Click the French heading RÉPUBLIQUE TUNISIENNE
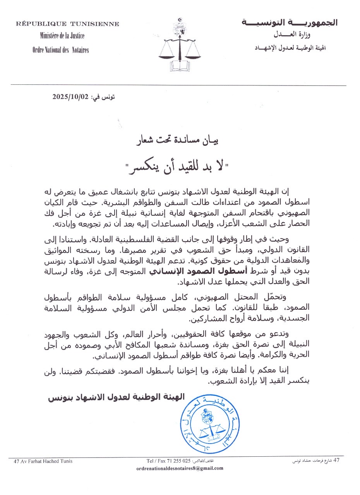pos(67,24)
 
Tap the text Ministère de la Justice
pos(62,36)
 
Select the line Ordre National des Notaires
pos(61,50)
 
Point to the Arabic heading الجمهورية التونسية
pos(289,22)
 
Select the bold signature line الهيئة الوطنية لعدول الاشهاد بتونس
pos(116,397)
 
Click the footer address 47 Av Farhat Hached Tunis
pos(43,461)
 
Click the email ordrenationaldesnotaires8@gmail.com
pos(180,468)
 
